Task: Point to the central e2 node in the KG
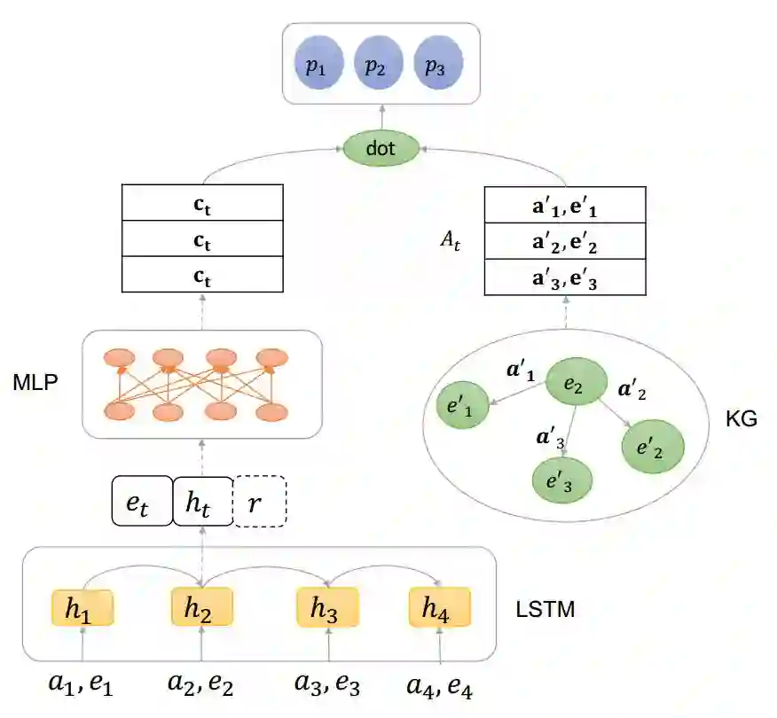point(572,384)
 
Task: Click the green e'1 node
point(463,407)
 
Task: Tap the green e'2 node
point(655,447)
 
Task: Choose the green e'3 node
point(561,480)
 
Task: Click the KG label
point(741,419)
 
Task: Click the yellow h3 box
point(326,608)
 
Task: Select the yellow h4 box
point(439,608)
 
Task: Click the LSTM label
point(545,610)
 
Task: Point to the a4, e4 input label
point(440,683)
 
